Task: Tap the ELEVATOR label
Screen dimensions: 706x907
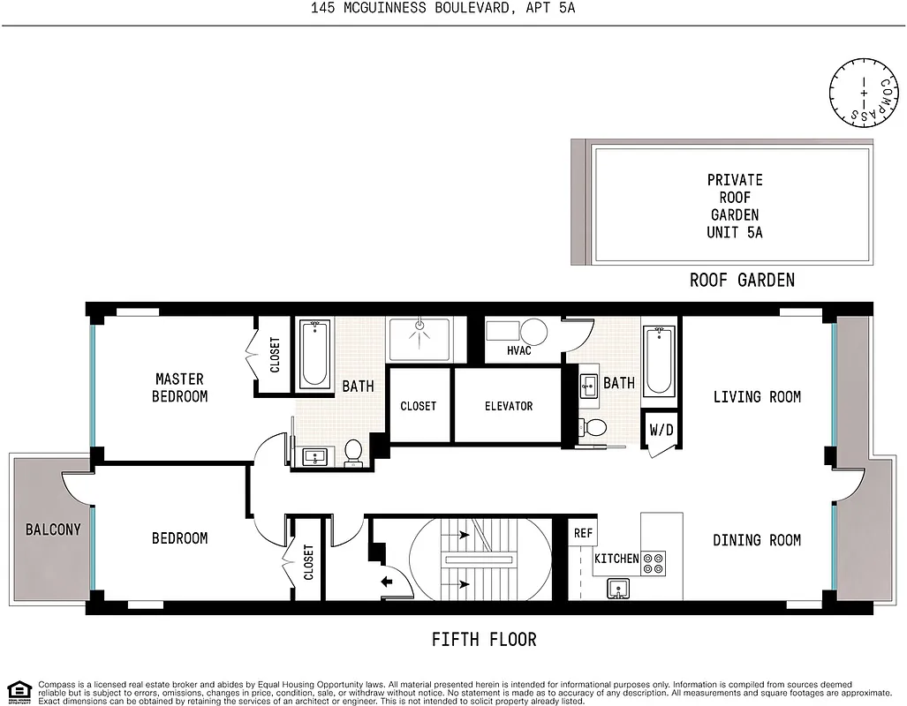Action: click(509, 406)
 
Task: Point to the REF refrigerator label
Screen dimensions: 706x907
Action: click(583, 533)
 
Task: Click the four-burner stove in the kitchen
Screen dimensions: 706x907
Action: click(654, 563)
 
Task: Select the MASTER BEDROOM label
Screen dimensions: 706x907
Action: click(179, 388)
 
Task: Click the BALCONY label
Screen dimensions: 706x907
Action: click(52, 530)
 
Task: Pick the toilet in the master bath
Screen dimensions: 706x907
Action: click(354, 452)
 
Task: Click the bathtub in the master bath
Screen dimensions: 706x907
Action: click(314, 355)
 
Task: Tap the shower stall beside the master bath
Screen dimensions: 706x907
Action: click(420, 340)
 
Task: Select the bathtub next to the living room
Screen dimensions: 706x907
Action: click(660, 361)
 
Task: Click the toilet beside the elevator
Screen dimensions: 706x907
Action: click(595, 428)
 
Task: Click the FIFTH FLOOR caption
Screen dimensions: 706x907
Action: click(483, 639)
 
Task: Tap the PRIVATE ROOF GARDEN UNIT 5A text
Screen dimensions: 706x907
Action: click(734, 206)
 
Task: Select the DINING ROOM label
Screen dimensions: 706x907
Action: click(757, 540)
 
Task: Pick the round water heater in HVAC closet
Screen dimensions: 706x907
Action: click(533, 333)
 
